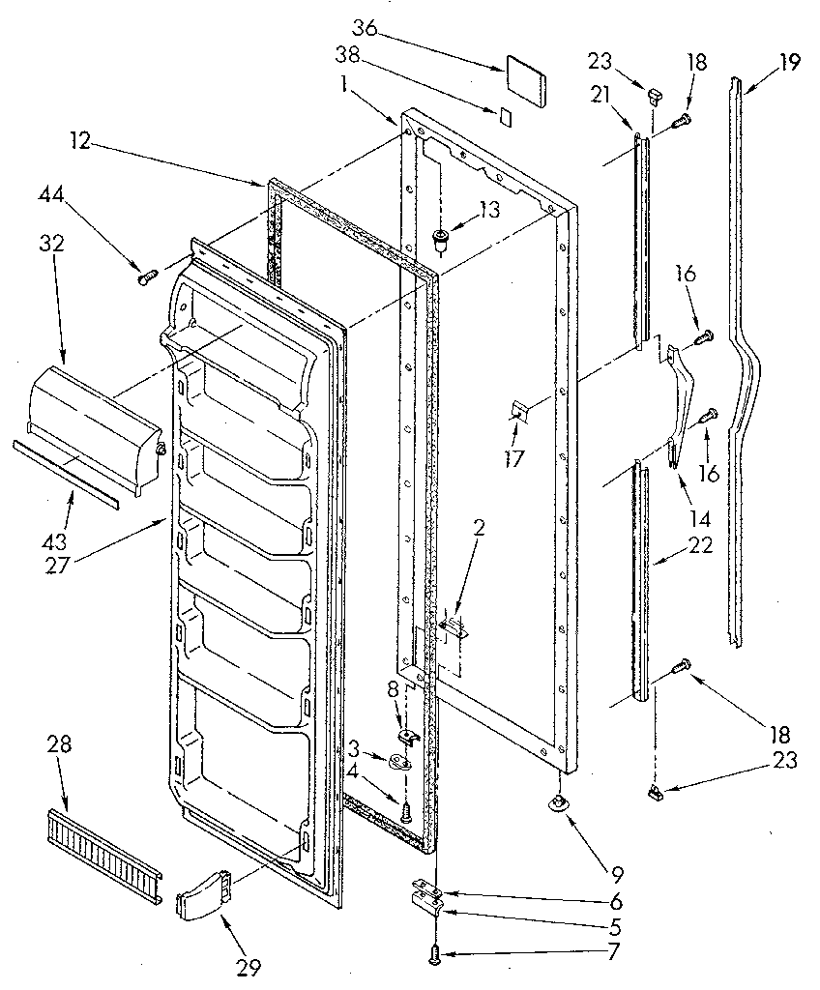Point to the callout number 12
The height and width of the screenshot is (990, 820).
[81, 142]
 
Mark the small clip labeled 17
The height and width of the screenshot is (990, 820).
[519, 414]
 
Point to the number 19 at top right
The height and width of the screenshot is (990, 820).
[790, 64]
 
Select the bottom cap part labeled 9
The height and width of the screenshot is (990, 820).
[558, 802]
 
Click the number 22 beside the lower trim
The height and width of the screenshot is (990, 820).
[699, 545]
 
